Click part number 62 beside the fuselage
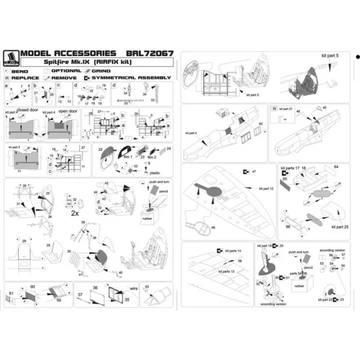261,124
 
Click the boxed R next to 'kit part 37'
274,108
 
